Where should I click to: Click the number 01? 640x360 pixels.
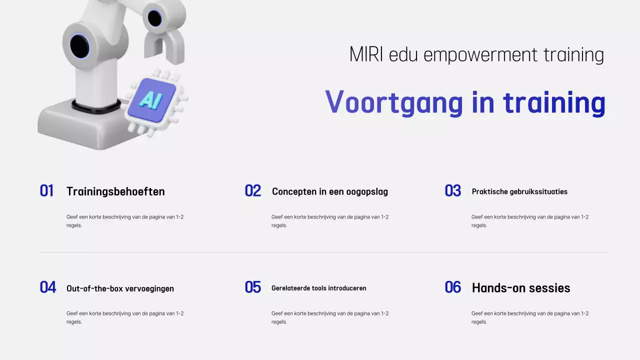46,191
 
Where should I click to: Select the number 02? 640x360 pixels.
253,191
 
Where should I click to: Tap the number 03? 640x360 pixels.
453,191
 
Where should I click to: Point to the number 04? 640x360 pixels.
48,287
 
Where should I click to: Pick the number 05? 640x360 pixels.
253,287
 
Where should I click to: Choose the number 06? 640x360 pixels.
453,287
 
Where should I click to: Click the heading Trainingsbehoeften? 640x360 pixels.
115,191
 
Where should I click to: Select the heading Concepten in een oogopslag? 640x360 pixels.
330,191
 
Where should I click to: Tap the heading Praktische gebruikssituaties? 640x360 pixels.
519,191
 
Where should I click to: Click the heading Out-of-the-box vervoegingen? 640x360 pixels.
120,288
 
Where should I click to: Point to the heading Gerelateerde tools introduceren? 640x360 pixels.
319,288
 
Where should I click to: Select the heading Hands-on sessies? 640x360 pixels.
521,288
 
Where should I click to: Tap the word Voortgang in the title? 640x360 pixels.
394,102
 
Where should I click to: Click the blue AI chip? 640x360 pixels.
151,100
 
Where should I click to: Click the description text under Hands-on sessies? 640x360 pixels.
530,317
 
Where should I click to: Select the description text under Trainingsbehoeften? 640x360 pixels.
125,221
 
